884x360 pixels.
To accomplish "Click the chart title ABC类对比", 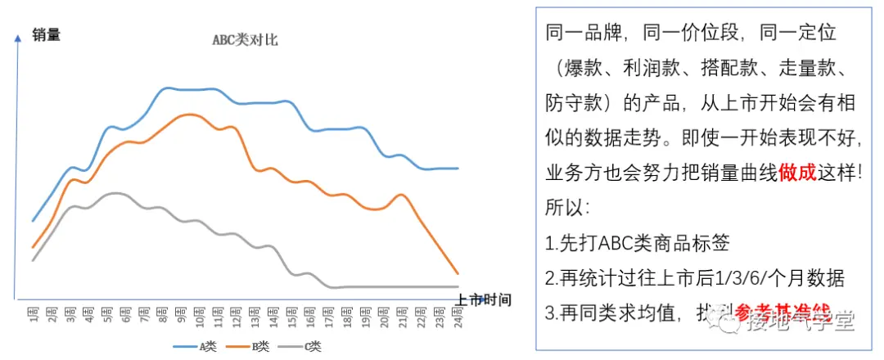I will pyautogui.click(x=245, y=40).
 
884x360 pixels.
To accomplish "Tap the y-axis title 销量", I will pyautogui.click(x=47, y=34).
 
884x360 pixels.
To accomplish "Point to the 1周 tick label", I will pyautogui.click(x=34, y=316).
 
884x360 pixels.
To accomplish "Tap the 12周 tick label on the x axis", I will pyautogui.click(x=237, y=316).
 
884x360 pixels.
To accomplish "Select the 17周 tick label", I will pyautogui.click(x=328, y=316).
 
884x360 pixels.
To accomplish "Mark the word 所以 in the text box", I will pyautogui.click(x=565, y=208).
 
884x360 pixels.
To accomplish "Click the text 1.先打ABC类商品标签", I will pyautogui.click(x=636, y=243).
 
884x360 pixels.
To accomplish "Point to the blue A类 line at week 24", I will pyautogui.click(x=458, y=169).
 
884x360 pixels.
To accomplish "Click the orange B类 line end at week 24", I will pyautogui.click(x=458, y=273).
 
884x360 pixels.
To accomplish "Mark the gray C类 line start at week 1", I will pyautogui.click(x=33, y=260).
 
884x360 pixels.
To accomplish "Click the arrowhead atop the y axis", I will pyautogui.click(x=16, y=38).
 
